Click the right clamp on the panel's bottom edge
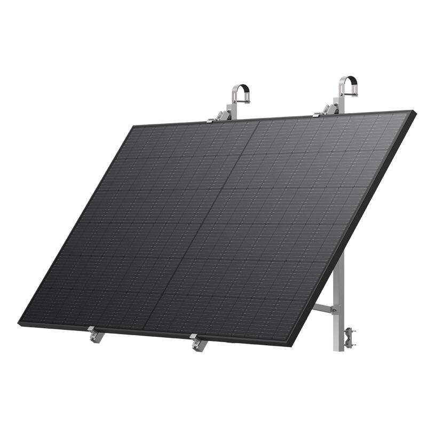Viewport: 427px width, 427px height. (196, 342)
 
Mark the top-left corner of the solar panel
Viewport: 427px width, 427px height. (133, 124)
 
